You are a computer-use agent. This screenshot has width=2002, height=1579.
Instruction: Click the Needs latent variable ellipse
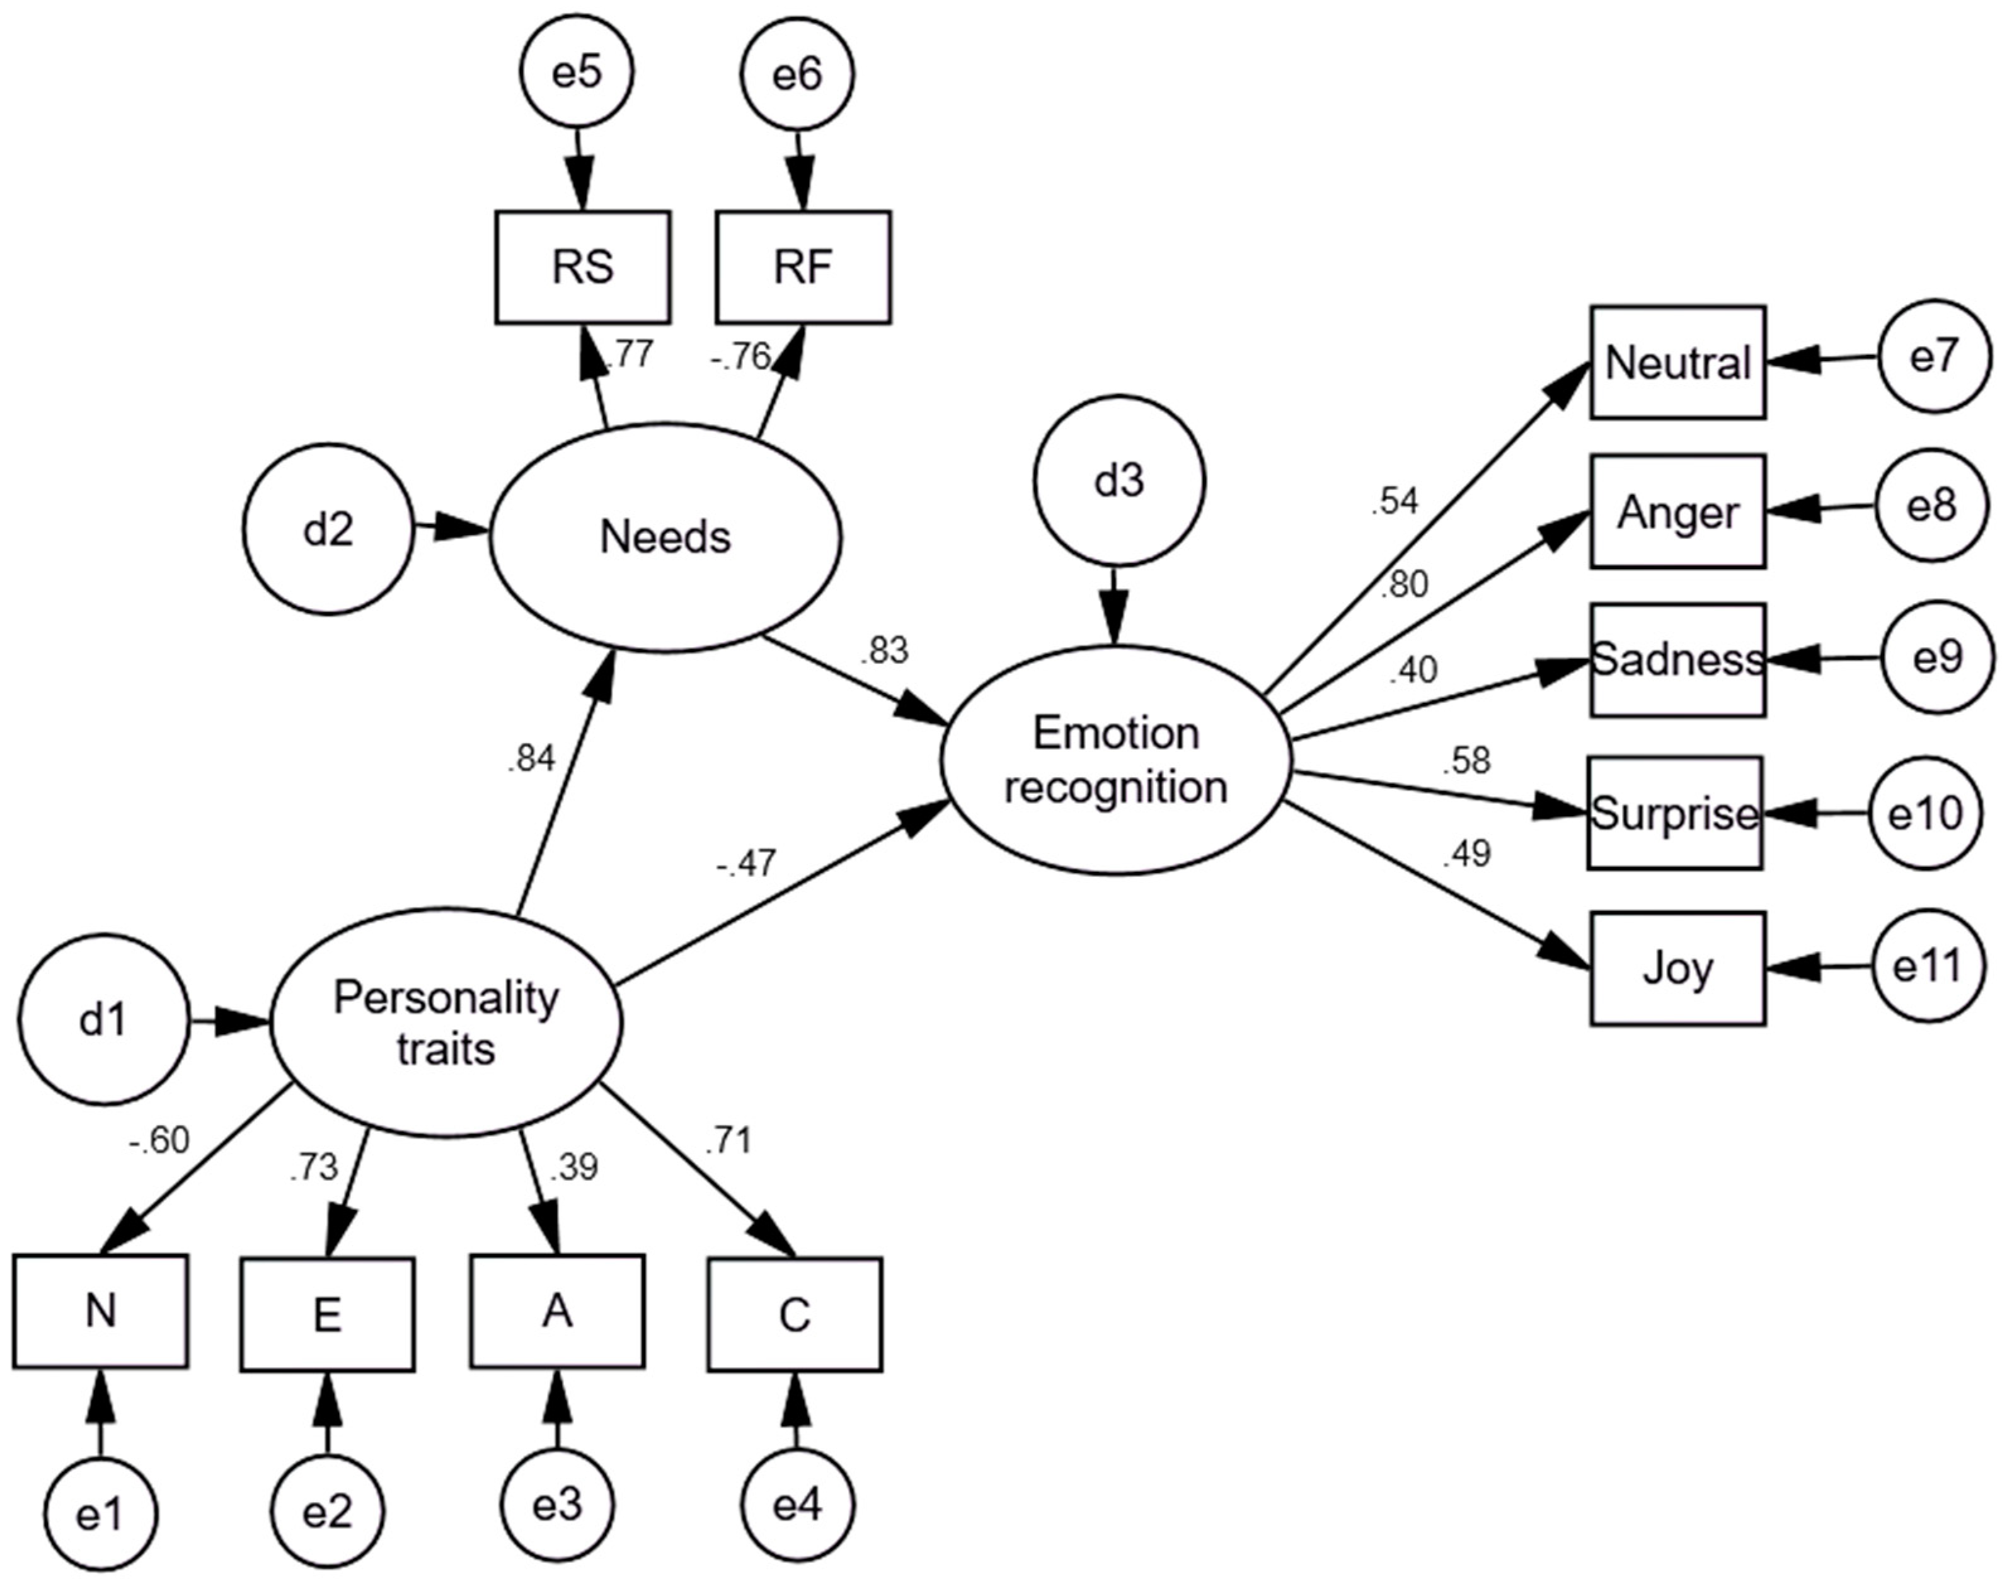665,537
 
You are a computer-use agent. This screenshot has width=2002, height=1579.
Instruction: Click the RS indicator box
582,267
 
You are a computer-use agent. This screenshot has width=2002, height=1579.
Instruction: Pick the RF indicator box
803,267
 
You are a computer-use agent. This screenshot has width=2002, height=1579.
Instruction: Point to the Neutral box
1677,362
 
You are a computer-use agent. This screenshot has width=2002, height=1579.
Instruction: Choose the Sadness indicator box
1677,659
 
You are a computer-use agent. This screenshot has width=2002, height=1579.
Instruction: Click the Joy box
1677,968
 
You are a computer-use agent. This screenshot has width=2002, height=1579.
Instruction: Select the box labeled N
101,1311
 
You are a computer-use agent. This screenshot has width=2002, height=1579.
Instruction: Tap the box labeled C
795,1314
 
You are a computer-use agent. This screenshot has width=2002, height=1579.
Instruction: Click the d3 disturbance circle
1119,482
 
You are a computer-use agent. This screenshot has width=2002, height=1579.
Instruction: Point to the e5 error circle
577,74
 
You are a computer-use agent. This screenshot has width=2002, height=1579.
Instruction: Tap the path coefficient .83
883,651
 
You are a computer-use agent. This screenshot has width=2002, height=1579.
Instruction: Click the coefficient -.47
745,864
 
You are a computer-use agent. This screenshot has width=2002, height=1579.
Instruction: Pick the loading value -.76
740,356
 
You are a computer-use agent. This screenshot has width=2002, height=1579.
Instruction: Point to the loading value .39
573,1167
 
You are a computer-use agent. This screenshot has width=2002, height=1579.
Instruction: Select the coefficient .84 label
531,758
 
